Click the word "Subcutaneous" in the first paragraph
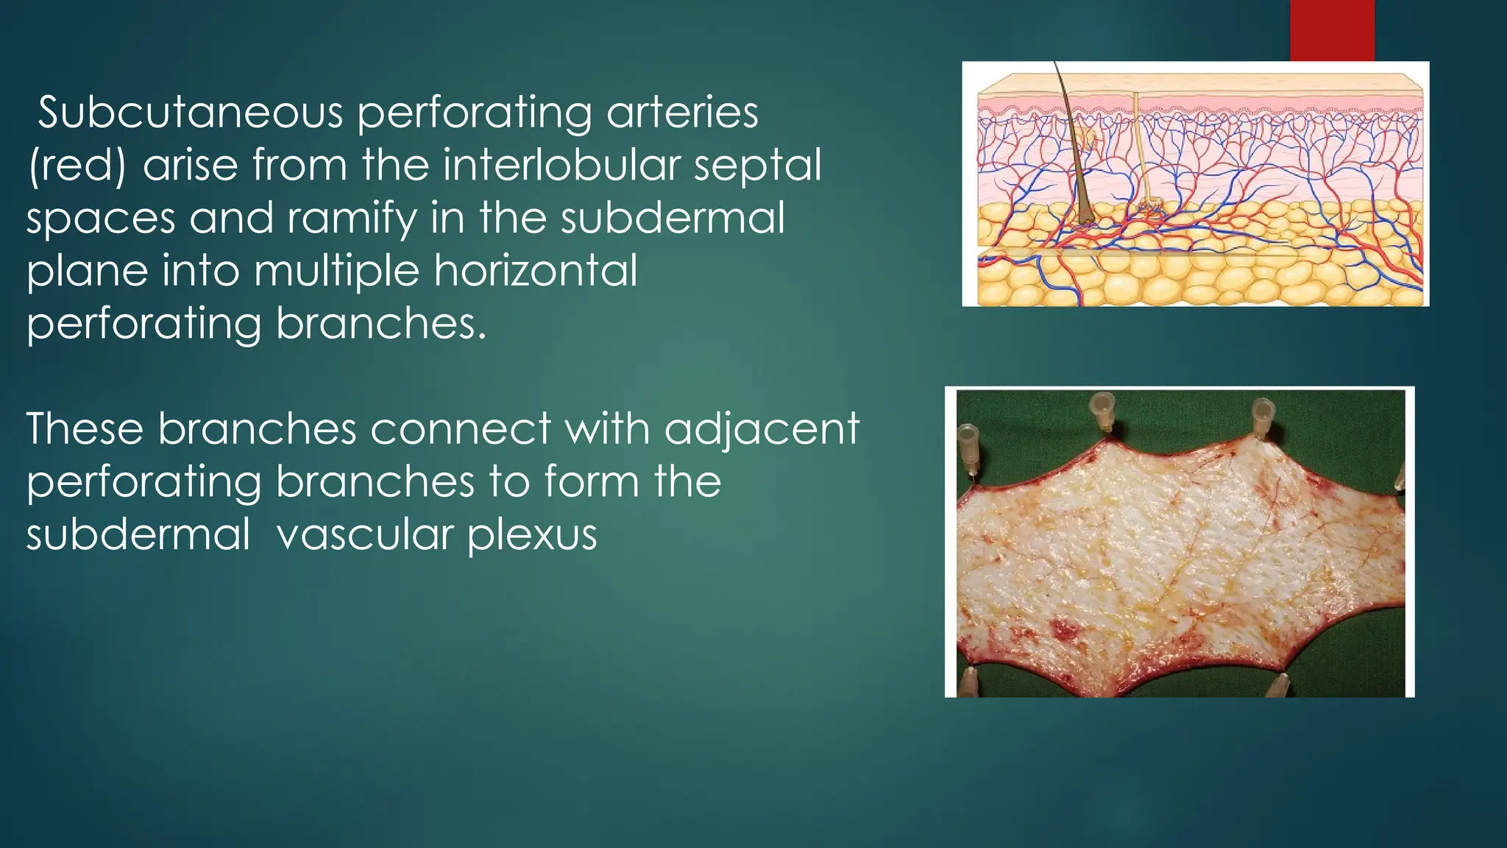point(190,114)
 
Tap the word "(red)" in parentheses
point(77,166)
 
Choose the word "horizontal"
point(535,271)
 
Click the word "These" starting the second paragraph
point(84,428)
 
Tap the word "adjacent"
point(762,430)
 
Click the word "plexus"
point(531,536)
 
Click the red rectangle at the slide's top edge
point(1332,30)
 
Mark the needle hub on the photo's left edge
point(967,449)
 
